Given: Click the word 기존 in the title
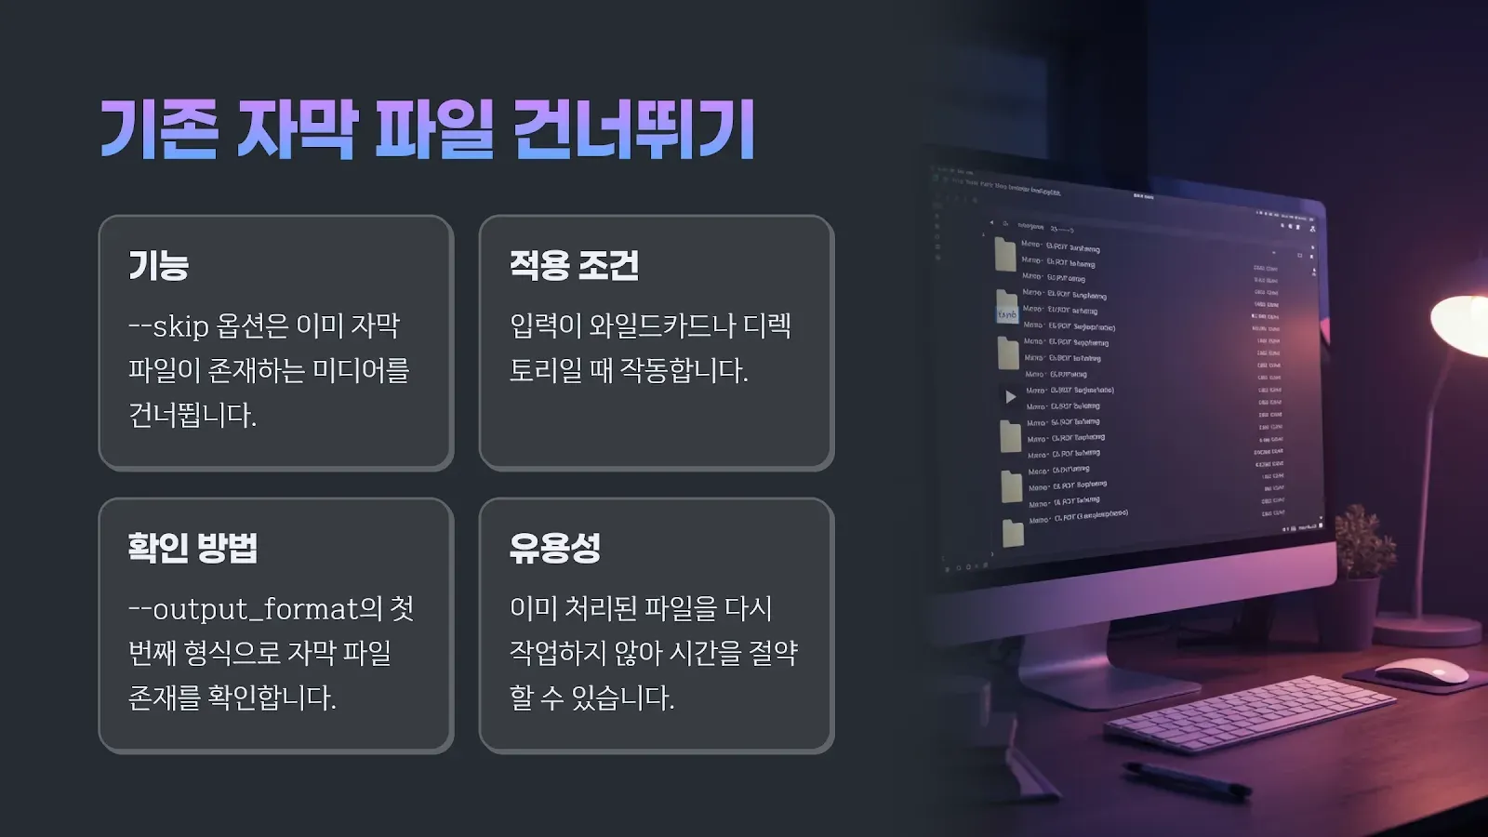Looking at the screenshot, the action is pos(159,129).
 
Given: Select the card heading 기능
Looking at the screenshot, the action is pos(159,266).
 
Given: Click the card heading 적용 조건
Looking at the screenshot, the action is pos(574,266).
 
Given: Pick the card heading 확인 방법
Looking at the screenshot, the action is pos(193,548).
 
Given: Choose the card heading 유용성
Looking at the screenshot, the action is pos(555,548).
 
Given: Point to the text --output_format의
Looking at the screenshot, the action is pos(255,609).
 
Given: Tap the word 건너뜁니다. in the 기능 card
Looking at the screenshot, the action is pos(193,415).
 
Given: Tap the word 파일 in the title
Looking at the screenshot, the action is pos(433,129).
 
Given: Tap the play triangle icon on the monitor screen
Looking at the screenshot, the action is pos(1011,397).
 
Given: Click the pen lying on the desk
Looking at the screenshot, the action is pos(1186,779).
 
